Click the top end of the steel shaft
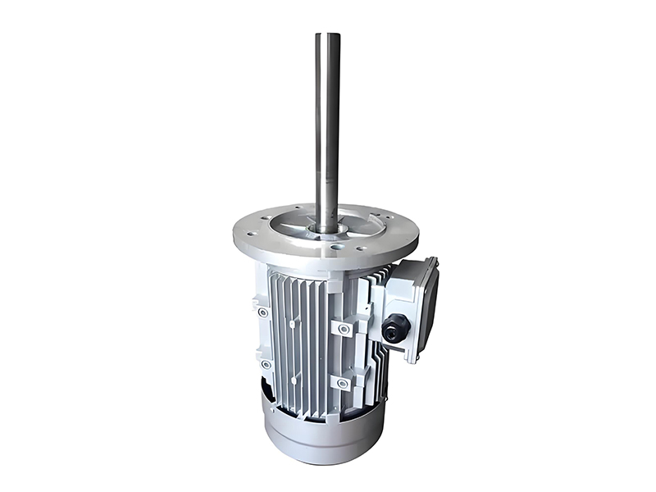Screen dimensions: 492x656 coord(328,35)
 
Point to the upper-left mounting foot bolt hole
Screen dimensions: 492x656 coord(262,312)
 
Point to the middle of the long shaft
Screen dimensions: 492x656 coord(328,131)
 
